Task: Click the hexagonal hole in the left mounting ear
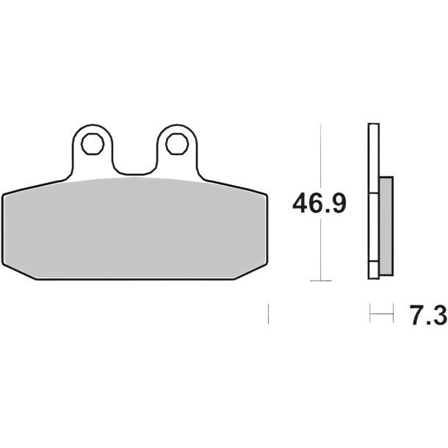pos(92,144)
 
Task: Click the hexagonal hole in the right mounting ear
pos(177,144)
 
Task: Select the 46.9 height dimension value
pos(319,203)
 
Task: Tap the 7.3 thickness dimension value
pos(427,315)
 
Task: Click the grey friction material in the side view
pos(386,226)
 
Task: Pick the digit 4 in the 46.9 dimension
pos(300,203)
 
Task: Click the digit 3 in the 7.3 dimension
pos(438,315)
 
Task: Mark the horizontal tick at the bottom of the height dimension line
pos(321,281)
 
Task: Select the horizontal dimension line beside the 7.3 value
pos(381,314)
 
